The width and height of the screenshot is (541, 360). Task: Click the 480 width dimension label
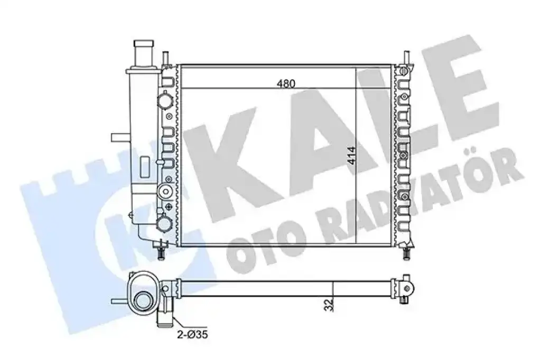coord(286,83)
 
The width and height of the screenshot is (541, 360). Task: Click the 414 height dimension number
coord(351,156)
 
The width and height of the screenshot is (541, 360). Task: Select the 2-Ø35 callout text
coord(192,334)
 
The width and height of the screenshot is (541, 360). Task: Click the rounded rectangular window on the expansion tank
coord(145,167)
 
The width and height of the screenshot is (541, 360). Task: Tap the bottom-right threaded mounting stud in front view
coord(406,252)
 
